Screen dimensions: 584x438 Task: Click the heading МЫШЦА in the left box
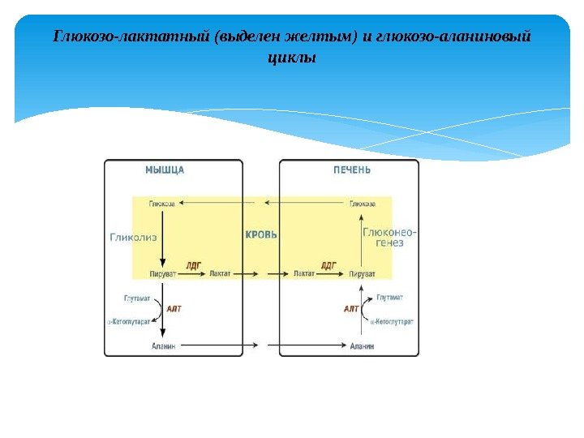tap(165, 170)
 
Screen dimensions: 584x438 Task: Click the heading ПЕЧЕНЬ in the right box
tap(352, 170)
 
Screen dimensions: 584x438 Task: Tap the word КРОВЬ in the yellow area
tap(261, 235)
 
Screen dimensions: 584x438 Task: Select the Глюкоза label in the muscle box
tap(161, 204)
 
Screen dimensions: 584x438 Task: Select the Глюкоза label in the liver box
tap(362, 204)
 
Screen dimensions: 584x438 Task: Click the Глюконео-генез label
tap(389, 237)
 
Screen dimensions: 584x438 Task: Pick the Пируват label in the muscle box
tap(162, 274)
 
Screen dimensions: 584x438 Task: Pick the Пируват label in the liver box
tap(362, 274)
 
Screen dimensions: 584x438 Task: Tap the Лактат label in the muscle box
tap(220, 274)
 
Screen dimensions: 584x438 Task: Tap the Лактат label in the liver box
tap(304, 274)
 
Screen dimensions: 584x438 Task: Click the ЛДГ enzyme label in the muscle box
tap(193, 264)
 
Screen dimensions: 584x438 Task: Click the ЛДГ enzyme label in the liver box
tap(328, 264)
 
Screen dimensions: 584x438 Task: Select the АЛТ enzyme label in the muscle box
tap(174, 309)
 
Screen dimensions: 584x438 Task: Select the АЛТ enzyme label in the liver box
tap(351, 309)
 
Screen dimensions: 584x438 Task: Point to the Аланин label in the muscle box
tap(164, 346)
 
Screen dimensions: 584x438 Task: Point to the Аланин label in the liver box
tap(362, 346)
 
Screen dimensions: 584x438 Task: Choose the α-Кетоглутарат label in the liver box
tap(392, 322)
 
